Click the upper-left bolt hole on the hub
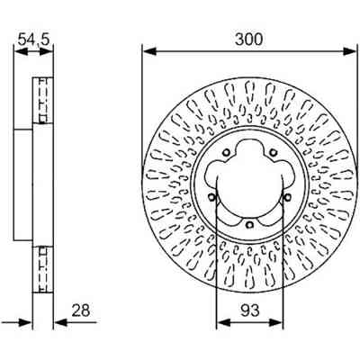pos(226,152)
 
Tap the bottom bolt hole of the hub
pos(248,225)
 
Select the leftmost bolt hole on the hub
pos(211,198)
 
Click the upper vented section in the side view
pos(39,98)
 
